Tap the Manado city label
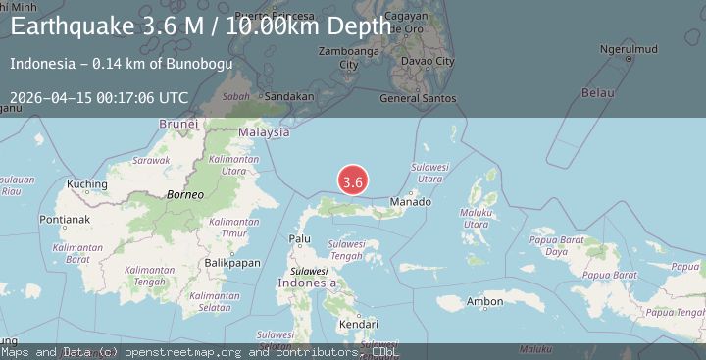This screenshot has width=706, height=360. (410, 202)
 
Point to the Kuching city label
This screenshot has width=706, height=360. (87, 183)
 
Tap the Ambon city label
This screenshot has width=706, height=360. (484, 301)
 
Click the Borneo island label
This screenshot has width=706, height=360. (184, 194)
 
